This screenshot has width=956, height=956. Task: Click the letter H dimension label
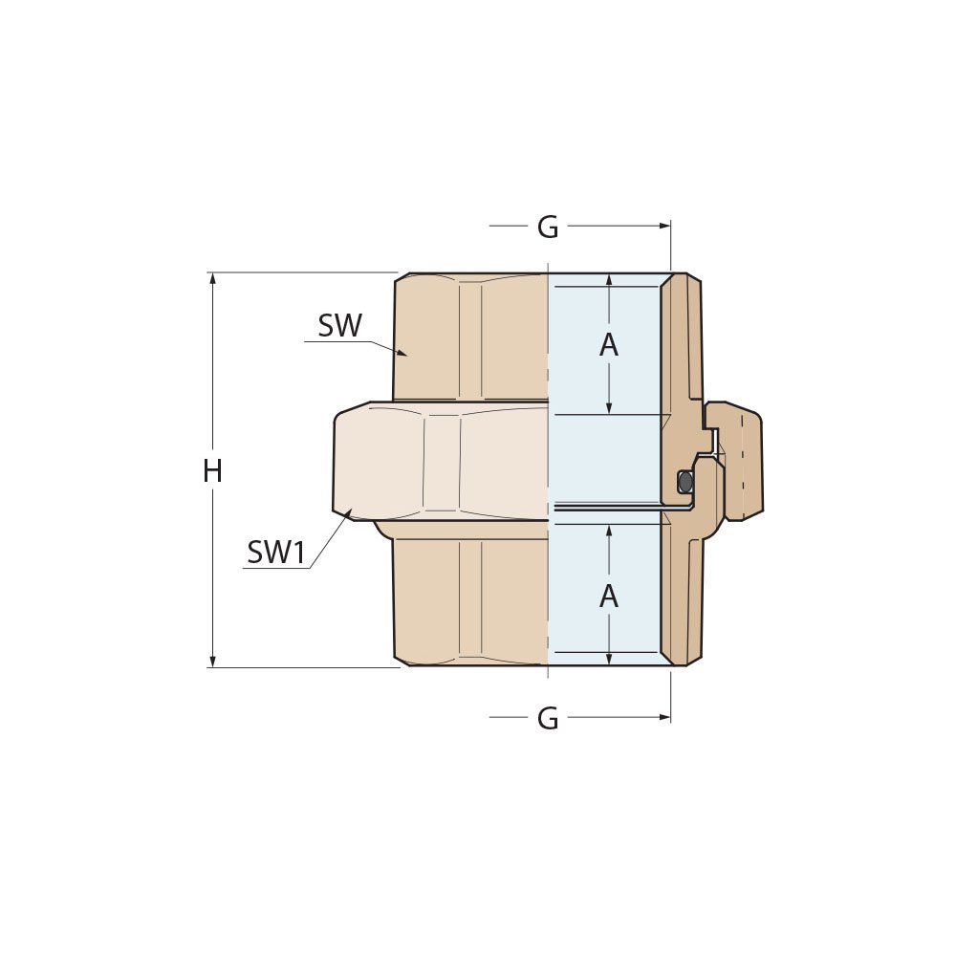212,470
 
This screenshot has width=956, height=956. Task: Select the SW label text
340,326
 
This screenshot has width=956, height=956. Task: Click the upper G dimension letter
548,228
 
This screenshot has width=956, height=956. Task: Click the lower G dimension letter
548,719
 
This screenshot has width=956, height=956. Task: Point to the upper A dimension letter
609,346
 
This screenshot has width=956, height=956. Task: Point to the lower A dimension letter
609,597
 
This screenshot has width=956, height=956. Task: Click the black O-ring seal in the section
684,482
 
